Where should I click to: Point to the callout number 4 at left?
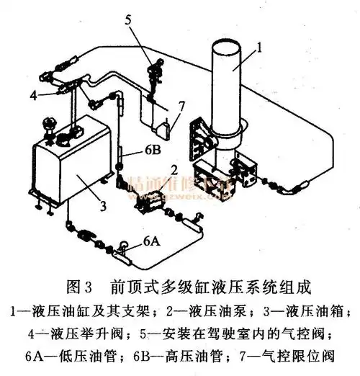33,94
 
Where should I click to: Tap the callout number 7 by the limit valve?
181,105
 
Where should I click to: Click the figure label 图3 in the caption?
77,287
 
